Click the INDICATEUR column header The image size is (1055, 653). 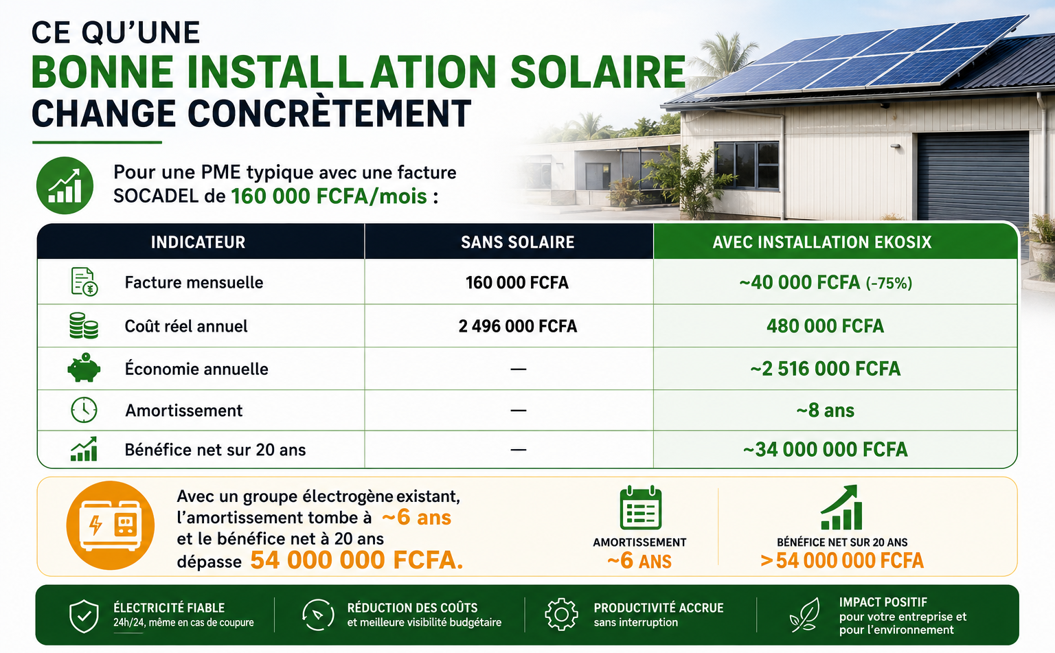point(198,242)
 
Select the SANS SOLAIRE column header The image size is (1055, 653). point(517,242)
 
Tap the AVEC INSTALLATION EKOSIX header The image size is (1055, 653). point(822,242)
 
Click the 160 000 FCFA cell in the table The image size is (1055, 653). point(517,282)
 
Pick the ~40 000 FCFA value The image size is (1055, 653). point(799,282)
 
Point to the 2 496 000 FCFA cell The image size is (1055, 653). point(518,325)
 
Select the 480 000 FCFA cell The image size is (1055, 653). point(825,325)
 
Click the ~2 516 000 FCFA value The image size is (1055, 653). point(825,369)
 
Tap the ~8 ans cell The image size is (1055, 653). point(825,411)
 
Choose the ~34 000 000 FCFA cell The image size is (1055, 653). point(825,450)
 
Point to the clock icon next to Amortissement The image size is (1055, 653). point(84,410)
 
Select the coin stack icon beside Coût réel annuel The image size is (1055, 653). point(83,325)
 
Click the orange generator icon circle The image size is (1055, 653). point(110,525)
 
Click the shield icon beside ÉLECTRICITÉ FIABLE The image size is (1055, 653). point(84,616)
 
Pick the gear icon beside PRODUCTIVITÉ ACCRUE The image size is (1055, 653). point(561,615)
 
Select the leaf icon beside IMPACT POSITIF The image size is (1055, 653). point(805,615)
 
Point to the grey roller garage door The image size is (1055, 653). point(973,176)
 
